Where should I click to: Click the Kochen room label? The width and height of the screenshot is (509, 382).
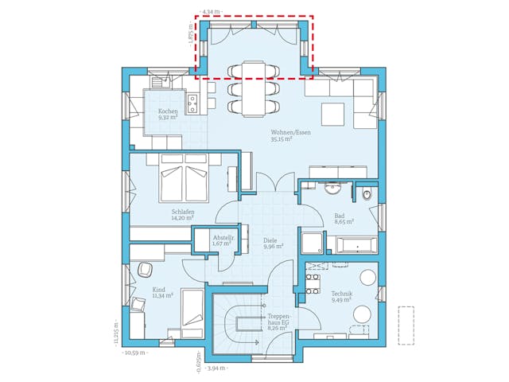(167, 111)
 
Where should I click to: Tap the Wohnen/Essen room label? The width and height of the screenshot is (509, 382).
(290, 131)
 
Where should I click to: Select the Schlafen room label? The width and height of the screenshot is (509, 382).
(183, 212)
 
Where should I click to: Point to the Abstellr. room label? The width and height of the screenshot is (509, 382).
(223, 237)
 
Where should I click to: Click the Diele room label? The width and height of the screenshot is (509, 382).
(270, 240)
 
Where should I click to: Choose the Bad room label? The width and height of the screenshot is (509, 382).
(340, 216)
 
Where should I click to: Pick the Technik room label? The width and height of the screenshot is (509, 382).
(344, 294)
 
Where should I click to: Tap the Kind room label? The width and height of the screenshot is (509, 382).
(158, 290)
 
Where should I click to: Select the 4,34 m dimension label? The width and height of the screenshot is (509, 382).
(211, 12)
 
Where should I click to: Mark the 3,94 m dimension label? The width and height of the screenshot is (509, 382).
(216, 368)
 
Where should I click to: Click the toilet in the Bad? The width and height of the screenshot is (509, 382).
(366, 194)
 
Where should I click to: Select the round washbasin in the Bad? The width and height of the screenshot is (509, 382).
(332, 189)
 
